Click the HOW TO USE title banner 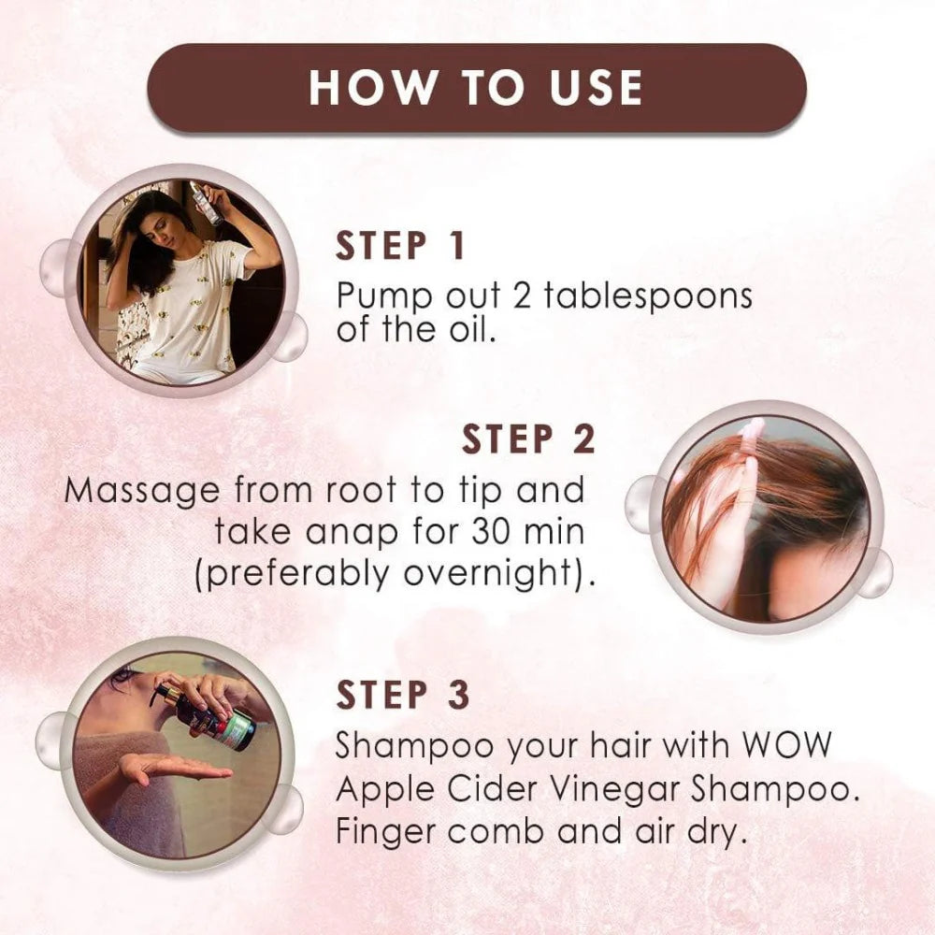pyautogui.click(x=477, y=88)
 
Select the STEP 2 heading pyautogui.click(x=528, y=439)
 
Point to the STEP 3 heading pyautogui.click(x=402, y=696)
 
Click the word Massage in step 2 pyautogui.click(x=142, y=489)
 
